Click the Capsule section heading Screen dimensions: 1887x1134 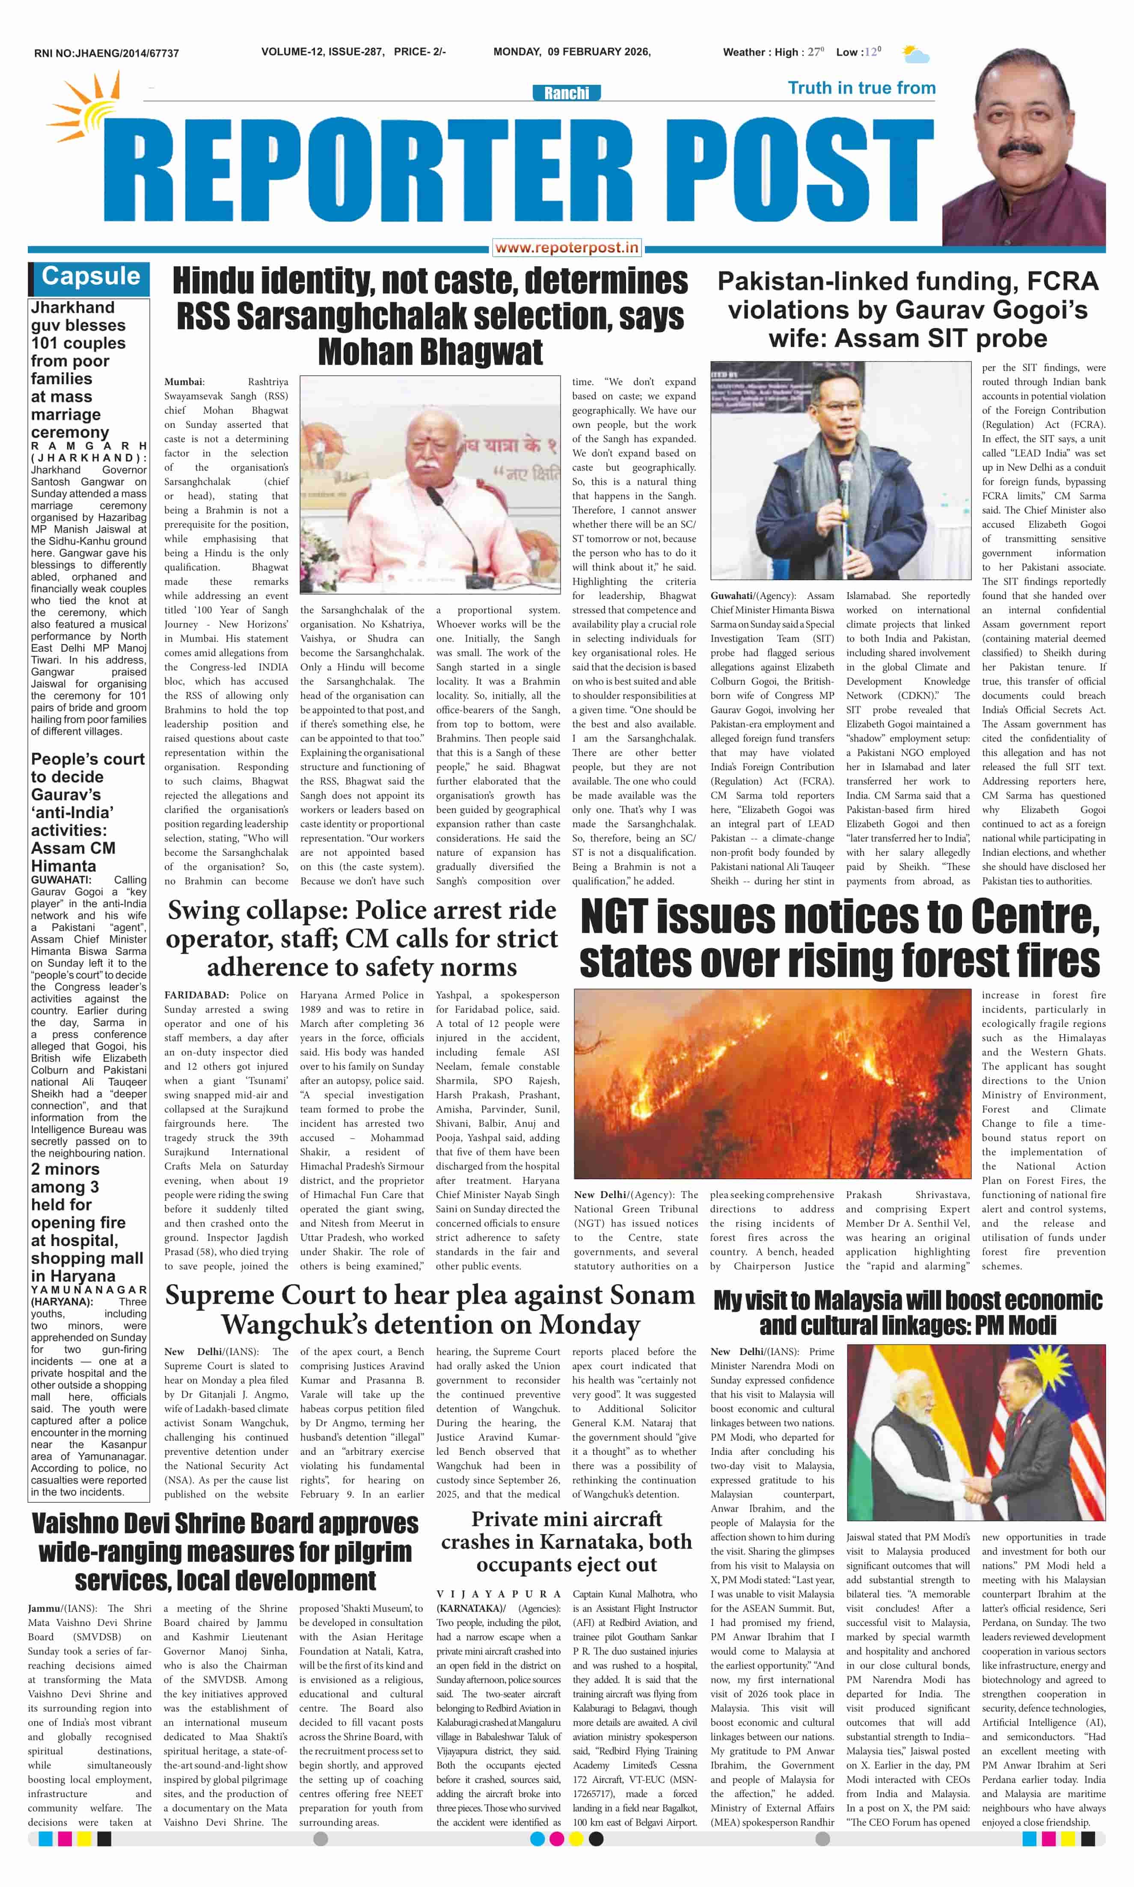coord(90,276)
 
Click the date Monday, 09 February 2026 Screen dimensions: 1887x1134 coord(572,52)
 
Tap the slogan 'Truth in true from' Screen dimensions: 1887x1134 coord(861,88)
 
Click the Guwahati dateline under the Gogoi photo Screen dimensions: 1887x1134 coord(733,596)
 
